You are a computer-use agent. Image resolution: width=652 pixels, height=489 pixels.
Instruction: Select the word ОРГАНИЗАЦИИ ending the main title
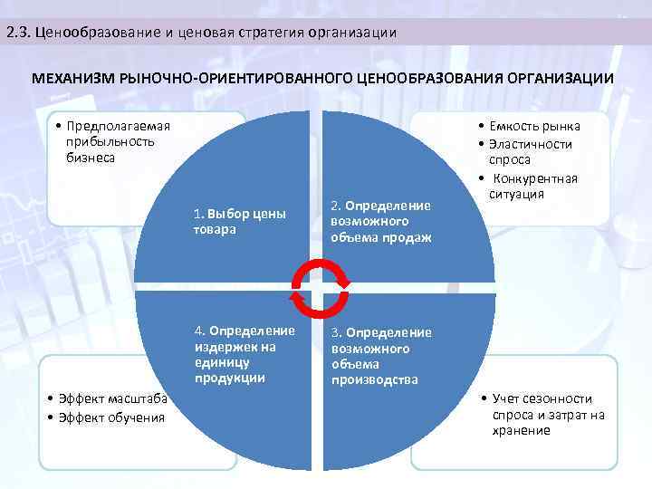560,79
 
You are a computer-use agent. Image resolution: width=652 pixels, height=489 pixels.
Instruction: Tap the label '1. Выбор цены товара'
239,222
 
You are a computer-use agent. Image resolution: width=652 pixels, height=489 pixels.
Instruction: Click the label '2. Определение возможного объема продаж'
381,221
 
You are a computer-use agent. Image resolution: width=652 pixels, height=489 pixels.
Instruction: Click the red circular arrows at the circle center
318,290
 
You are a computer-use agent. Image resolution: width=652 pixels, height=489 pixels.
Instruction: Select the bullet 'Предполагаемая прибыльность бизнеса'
109,141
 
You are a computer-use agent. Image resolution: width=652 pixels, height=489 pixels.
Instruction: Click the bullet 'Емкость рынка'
534,127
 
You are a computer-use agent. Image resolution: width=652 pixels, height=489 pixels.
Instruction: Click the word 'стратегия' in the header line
270,33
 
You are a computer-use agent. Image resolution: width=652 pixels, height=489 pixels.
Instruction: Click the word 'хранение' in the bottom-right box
522,430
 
